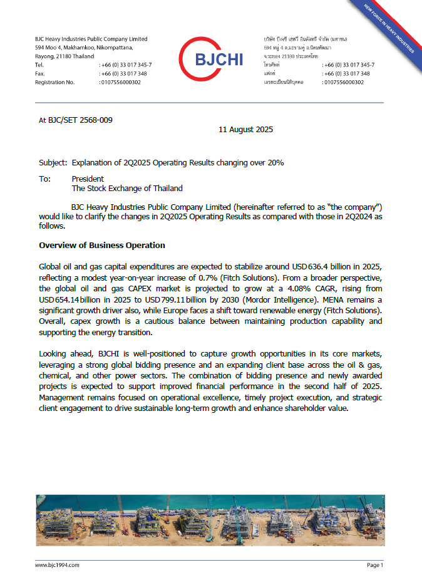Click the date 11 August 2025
pos(245,130)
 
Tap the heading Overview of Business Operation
pos(102,245)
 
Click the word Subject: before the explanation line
pos(53,163)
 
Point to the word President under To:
pos(88,179)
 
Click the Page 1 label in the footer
pos(374,565)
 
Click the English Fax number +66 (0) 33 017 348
pos(124,73)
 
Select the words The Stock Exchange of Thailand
pos(127,188)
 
